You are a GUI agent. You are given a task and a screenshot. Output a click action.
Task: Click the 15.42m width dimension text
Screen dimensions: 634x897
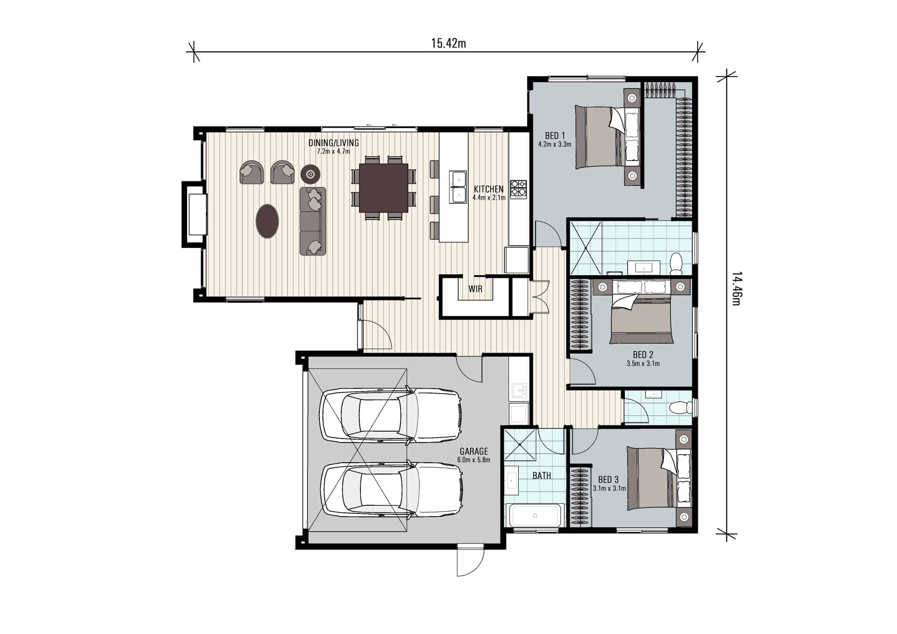(x=448, y=43)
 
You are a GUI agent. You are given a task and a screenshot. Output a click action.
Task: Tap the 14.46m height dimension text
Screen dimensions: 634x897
(x=736, y=288)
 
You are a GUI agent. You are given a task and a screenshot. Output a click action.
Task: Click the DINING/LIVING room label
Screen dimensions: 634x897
(x=333, y=143)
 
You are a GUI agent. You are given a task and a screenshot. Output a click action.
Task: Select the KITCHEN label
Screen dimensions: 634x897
(x=488, y=189)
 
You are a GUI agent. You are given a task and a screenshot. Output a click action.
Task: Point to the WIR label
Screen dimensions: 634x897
(x=475, y=289)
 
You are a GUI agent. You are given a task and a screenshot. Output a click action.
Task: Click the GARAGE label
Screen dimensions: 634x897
(x=474, y=452)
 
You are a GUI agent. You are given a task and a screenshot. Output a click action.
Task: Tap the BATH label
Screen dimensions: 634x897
(x=541, y=476)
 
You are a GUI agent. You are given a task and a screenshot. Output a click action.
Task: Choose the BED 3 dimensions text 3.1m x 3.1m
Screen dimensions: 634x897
(x=609, y=488)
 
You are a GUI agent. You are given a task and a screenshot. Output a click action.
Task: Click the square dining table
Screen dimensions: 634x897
(x=383, y=188)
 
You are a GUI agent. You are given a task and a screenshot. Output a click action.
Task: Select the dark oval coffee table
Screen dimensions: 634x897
(x=267, y=221)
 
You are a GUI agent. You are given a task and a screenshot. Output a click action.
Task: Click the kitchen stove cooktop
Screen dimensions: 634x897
(x=518, y=189)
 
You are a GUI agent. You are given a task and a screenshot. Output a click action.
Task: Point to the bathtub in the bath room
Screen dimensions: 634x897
(x=535, y=516)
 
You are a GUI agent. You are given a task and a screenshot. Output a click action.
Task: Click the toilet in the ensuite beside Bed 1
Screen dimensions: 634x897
(x=675, y=263)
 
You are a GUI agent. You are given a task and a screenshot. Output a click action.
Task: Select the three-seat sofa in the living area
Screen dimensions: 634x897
(x=313, y=221)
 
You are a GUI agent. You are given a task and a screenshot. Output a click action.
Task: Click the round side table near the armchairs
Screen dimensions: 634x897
(x=310, y=173)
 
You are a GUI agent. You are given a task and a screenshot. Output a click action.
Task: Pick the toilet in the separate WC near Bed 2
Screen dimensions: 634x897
(x=680, y=408)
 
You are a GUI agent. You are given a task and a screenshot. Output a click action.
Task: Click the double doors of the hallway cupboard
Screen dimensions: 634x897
(x=540, y=298)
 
